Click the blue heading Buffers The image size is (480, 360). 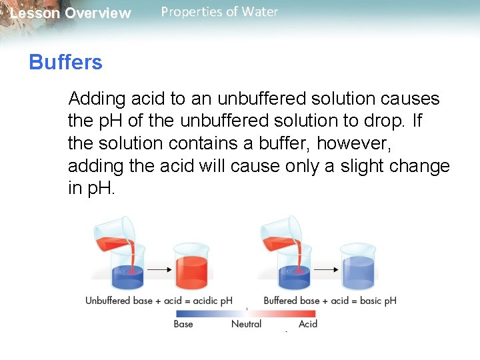(65, 63)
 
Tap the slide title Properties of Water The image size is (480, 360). (219, 12)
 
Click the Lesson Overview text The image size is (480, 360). (71, 13)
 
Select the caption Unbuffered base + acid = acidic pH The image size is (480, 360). (159, 301)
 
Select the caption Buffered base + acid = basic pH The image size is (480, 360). (330, 301)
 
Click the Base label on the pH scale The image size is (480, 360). (183, 324)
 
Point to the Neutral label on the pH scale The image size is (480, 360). (246, 324)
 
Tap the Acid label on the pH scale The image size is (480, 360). (308, 324)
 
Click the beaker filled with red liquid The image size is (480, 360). (191, 267)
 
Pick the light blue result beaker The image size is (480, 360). (358, 267)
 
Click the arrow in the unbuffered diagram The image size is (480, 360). (159, 269)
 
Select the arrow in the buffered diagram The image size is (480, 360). (325, 269)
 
